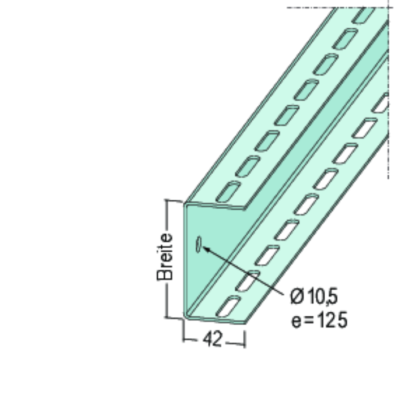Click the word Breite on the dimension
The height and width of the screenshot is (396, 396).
[165, 259]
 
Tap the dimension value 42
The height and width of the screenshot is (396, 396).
[214, 339]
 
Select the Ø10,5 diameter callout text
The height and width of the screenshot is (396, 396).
[316, 296]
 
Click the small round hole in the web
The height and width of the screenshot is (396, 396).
[199, 245]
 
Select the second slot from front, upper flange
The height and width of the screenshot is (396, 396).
[247, 166]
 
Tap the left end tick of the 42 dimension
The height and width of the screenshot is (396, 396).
[184, 339]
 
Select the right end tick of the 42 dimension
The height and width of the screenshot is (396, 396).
[246, 339]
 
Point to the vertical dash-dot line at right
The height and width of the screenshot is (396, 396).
[390, 113]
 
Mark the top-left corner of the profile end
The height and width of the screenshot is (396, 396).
[185, 203]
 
